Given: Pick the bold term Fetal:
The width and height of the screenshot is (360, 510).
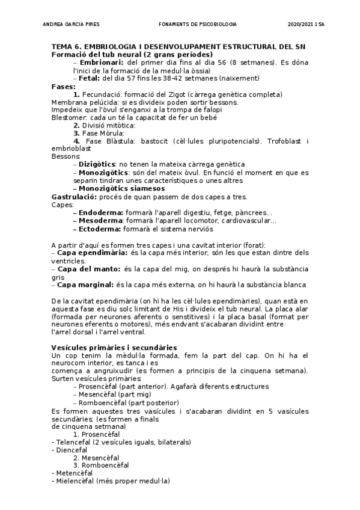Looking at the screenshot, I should coord(90,78).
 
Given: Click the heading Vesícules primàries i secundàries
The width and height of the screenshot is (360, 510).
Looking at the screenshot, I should coord(114,347).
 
